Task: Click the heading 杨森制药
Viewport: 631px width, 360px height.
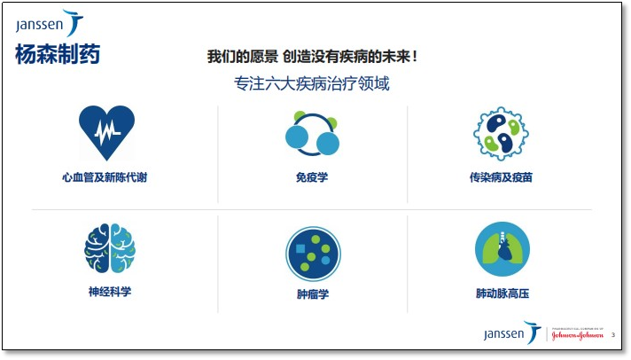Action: tap(58, 55)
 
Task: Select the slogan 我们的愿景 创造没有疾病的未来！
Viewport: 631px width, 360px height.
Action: tap(312, 57)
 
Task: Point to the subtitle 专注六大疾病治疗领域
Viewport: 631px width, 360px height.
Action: tap(312, 85)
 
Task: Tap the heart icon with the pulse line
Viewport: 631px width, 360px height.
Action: tap(106, 132)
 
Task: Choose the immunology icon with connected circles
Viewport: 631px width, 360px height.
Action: tap(312, 133)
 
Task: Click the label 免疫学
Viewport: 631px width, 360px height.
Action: tap(312, 177)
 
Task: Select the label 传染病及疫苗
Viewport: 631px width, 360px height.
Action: tap(502, 177)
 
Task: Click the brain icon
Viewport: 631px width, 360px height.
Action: tap(110, 248)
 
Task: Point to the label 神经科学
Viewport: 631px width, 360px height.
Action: tap(110, 291)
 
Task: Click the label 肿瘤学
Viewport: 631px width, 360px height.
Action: tap(313, 293)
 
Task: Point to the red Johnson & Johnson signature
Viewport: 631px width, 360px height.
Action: tap(578, 335)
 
